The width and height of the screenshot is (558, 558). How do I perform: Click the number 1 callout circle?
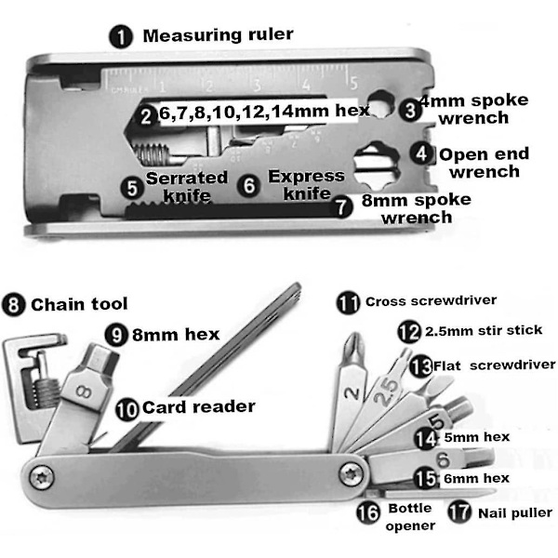pos(121,38)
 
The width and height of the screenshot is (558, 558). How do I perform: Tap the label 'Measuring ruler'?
pos(218,36)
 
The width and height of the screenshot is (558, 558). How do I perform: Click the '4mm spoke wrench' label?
pos(475,109)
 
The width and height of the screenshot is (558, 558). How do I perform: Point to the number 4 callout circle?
pos(423,153)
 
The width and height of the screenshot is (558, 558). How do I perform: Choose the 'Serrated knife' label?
pos(187,186)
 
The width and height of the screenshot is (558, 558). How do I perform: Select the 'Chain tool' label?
pos(79,304)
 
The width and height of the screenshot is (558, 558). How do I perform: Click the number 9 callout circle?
pos(115,333)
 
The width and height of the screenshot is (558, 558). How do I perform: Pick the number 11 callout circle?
pos(349,302)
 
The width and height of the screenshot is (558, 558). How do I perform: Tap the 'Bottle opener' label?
pos(410,518)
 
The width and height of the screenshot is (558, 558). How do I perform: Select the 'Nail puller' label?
pos(514,512)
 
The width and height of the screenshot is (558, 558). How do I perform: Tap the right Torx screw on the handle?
pos(351,470)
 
